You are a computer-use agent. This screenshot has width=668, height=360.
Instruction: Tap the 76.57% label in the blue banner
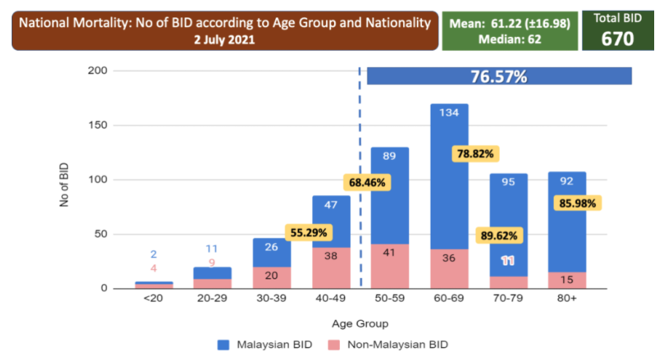click(499, 76)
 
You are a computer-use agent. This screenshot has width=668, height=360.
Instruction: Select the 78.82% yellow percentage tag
click(475, 153)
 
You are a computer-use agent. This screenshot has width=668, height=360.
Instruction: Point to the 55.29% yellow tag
click(309, 233)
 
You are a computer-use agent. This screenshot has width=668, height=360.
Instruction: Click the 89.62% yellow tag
click(501, 234)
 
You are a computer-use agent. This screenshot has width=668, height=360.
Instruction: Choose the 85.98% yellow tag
click(576, 204)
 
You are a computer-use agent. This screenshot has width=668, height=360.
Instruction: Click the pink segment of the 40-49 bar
click(331, 268)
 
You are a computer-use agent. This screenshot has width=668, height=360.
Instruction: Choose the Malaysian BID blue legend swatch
click(223, 344)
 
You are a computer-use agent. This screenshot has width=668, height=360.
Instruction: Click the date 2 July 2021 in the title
click(224, 40)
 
